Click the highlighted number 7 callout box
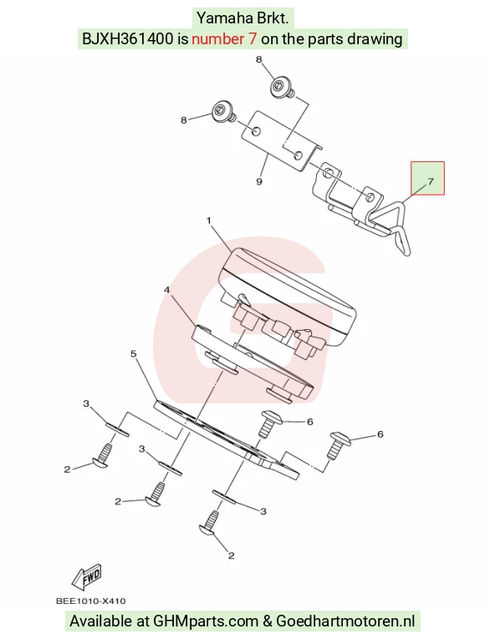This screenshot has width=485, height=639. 427,178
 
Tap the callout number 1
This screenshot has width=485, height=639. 209,221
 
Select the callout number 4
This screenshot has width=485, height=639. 166,290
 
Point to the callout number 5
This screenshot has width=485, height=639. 134,353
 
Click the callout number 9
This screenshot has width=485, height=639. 259,181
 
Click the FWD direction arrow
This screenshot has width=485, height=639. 86,576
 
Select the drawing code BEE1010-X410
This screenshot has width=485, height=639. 90,601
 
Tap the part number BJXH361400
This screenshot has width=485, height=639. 128,39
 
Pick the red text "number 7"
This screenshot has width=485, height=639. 224,39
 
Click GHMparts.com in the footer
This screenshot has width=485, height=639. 206,621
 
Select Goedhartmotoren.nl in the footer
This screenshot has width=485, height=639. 345,621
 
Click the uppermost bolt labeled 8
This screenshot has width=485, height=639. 283,88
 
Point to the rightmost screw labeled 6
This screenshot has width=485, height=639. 338,445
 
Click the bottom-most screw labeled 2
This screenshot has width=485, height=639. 211,524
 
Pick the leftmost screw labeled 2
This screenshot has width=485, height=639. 102,456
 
